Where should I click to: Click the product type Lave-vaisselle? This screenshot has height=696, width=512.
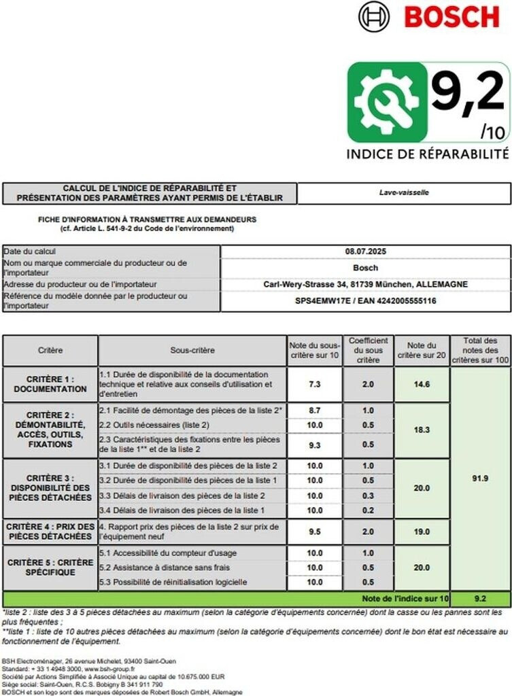[404, 192]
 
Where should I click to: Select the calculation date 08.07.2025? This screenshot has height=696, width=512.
[366, 251]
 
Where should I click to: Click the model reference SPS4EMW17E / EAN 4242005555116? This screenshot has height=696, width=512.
[366, 300]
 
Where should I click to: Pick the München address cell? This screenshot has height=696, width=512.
[366, 284]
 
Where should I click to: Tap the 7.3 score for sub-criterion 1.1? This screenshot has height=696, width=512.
[315, 384]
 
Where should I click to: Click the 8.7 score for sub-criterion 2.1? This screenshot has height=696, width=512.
[315, 411]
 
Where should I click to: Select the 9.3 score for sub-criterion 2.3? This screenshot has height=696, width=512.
[315, 445]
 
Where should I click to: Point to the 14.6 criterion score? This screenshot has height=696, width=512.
[421, 384]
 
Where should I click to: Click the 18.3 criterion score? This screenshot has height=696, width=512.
[421, 430]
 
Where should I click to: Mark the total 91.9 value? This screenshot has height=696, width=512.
[481, 478]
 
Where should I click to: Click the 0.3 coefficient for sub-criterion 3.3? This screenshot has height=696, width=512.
[368, 495]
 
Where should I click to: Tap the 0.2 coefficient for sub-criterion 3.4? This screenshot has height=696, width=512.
[368, 510]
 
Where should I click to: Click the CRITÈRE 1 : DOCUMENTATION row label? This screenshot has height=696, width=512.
[50, 384]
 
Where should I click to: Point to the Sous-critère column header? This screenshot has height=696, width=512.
[192, 350]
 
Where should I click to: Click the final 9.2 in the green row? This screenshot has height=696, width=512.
[481, 599]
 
